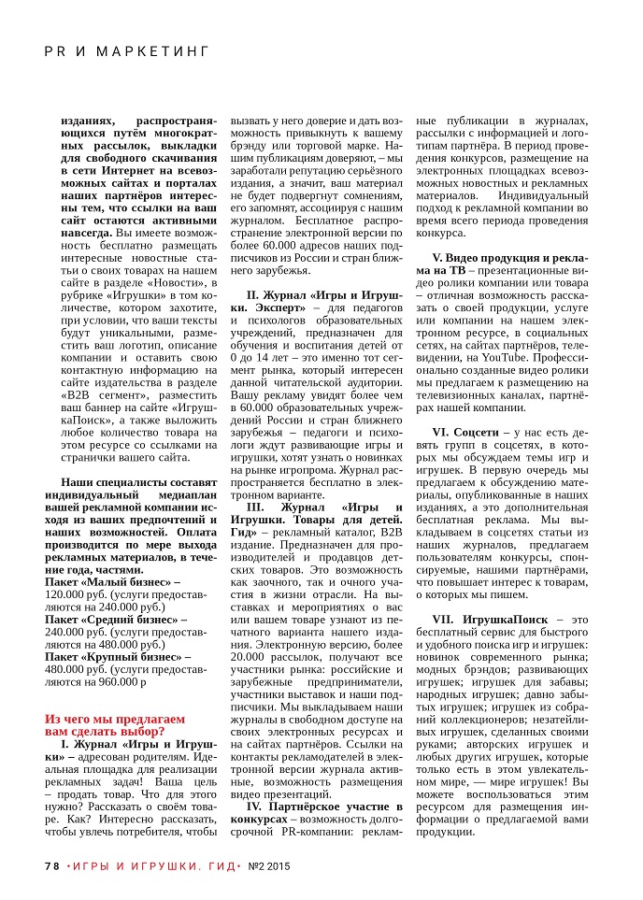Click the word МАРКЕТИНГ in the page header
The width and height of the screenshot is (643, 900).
151,50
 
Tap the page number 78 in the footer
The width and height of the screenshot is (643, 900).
52,866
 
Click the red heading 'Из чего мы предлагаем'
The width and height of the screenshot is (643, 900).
115,719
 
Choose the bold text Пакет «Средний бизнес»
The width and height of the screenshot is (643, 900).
113,619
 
